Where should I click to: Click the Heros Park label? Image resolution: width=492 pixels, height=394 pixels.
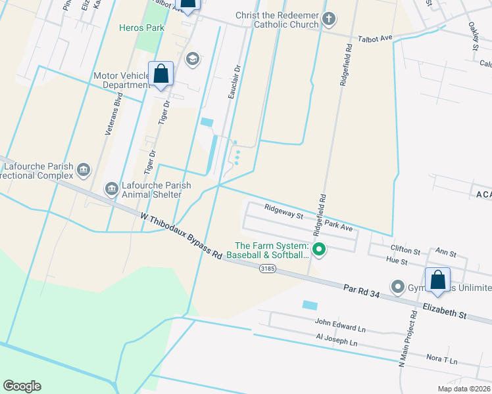pyautogui.click(x=141, y=28)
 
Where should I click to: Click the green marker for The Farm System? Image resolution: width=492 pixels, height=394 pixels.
pyautogui.click(x=320, y=249)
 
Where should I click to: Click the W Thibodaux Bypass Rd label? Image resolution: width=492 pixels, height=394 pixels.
pyautogui.click(x=181, y=234)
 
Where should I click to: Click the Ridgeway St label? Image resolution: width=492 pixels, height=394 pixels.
pyautogui.click(x=283, y=211)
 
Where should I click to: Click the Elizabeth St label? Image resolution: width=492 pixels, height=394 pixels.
pyautogui.click(x=445, y=311)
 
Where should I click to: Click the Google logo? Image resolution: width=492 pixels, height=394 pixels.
pyautogui.click(x=22, y=386)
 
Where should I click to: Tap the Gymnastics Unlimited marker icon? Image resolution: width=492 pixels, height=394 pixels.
pyautogui.click(x=397, y=287)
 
